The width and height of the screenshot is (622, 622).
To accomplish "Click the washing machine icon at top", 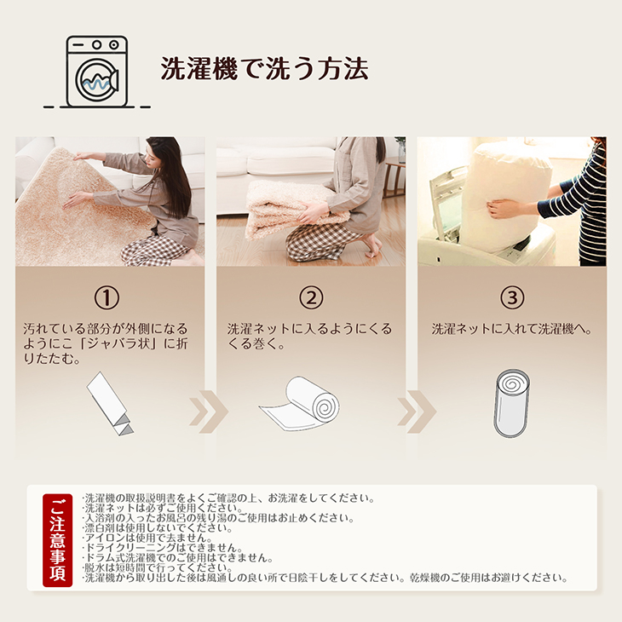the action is click(97, 72).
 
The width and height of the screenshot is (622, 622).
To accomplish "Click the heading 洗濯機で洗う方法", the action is click(265, 69).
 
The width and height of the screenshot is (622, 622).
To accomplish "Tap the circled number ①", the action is click(107, 298).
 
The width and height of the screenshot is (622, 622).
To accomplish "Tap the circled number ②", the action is click(311, 298).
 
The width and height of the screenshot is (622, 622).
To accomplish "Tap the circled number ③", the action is click(512, 298).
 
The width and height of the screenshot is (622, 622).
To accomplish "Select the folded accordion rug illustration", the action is click(110, 403).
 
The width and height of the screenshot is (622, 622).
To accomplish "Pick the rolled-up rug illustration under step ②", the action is click(300, 404).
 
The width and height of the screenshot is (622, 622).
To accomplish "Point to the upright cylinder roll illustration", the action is click(512, 403).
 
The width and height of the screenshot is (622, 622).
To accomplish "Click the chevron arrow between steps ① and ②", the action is click(209, 412).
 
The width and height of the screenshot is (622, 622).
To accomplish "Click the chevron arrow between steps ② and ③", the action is click(417, 412).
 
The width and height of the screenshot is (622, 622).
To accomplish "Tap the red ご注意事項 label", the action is click(58, 540).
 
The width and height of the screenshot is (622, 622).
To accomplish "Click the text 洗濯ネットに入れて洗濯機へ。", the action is click(512, 329).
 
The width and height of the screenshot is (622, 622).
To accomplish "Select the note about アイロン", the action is click(147, 538).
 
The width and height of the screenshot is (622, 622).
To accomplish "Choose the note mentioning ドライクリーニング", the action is click(162, 548).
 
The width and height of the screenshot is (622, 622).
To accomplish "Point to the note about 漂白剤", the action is click(158, 528).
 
